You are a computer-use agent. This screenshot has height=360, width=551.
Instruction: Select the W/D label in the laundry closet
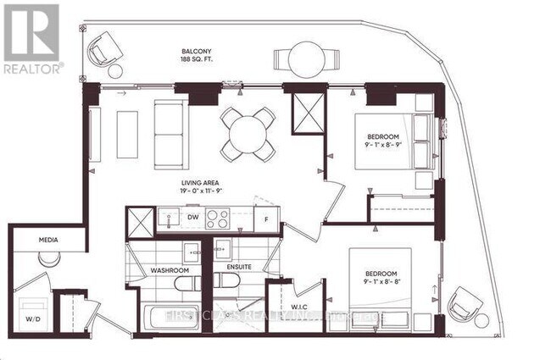[31, 320]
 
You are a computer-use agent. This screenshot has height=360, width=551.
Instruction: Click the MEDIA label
[48, 240]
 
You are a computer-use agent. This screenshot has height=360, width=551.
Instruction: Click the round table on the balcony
[306, 60]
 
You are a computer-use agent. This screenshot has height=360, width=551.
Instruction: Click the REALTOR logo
[31, 38]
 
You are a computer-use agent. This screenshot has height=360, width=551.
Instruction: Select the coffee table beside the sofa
[127, 134]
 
